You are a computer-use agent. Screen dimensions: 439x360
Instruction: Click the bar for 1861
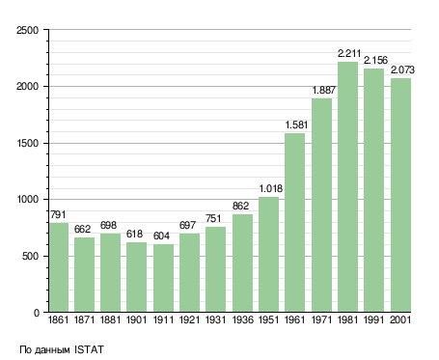point(59,267)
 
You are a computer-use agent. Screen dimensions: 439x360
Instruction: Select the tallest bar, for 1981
point(347,187)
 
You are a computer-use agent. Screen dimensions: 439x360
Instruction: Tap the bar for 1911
point(163,278)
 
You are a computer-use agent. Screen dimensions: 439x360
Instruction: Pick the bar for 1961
point(295,223)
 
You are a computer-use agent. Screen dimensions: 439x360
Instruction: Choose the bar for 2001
point(400,195)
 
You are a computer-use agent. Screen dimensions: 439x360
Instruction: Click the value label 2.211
point(349,53)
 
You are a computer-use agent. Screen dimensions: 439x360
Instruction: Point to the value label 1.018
point(271,188)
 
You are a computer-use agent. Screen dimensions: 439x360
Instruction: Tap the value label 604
point(161,235)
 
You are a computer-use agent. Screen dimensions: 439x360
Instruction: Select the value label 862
point(240,206)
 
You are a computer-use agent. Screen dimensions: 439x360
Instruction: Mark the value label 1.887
point(324,90)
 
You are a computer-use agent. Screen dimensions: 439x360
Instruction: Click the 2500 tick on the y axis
point(27,30)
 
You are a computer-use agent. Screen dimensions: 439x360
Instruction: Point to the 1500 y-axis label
point(27,143)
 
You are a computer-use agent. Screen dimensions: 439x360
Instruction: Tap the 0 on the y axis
point(37,313)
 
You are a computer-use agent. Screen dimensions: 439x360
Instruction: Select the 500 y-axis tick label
point(30,257)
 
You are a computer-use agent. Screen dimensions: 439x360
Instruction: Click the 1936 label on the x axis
point(242,319)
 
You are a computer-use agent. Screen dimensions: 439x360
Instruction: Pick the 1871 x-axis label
point(84,319)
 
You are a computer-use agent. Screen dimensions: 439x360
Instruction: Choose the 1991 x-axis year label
point(374,319)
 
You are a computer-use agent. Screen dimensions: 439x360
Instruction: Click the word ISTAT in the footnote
point(89,349)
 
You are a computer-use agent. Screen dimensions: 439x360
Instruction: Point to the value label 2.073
point(402,69)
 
